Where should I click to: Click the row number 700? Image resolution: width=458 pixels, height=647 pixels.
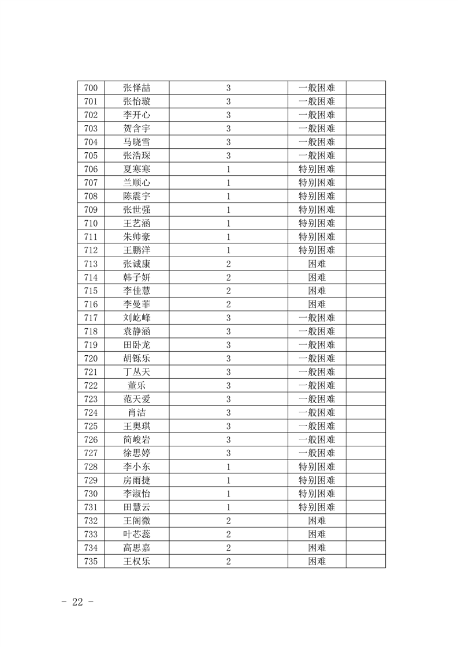91,88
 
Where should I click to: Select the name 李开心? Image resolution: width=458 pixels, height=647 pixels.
137,115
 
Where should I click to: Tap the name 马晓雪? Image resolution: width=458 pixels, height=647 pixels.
137,142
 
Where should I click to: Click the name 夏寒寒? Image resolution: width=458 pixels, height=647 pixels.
137,170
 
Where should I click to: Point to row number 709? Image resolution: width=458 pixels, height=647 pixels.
91,210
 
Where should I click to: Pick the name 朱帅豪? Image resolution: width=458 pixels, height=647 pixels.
137,237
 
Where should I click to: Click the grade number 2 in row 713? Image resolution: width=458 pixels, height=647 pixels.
229,264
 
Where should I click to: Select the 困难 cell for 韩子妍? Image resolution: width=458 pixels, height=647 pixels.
316,277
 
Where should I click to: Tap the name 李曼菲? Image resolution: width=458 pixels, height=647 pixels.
137,304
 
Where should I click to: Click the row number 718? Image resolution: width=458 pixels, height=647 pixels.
91,332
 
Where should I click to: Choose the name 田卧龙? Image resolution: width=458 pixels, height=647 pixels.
137,345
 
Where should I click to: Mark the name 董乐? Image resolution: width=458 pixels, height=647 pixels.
137,386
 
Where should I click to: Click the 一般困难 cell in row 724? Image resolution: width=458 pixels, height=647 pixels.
316,413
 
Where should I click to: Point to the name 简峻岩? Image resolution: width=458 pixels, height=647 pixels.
137,440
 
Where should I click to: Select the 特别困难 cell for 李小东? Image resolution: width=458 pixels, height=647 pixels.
316,467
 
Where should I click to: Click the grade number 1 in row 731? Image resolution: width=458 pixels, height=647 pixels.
229,507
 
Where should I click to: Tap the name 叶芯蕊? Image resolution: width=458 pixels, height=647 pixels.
137,535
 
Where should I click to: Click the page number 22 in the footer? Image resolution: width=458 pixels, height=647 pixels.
77,602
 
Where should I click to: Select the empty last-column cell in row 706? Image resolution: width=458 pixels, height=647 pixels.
366,170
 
